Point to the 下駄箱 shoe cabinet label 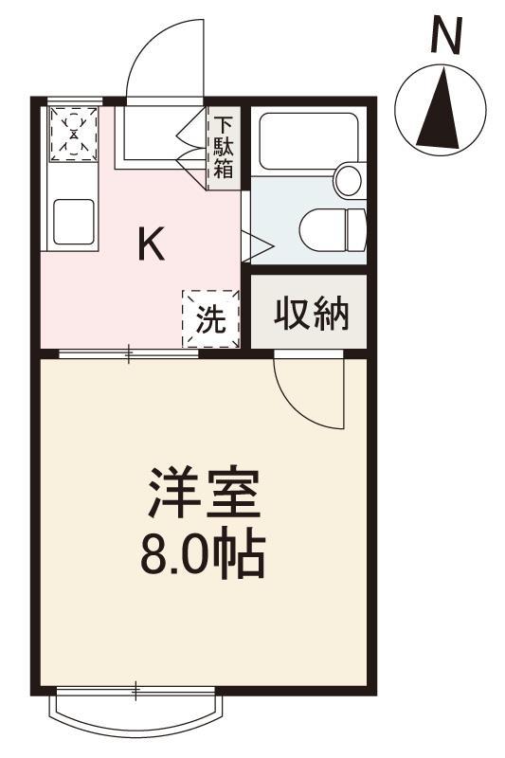[x=224, y=148]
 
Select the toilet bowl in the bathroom [x=332, y=227]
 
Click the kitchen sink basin [x=73, y=221]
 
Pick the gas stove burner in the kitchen [x=74, y=133]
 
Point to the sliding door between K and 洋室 [x=130, y=354]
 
